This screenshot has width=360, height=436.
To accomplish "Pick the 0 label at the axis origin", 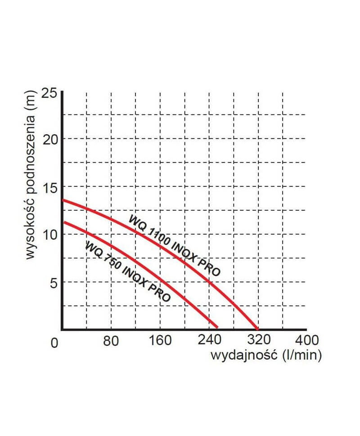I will coord(54,343).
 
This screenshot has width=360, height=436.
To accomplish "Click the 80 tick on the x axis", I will coord(111,341).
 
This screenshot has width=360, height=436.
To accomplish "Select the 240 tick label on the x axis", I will coord(209,341).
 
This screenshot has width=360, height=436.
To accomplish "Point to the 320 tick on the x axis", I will coord(257,341).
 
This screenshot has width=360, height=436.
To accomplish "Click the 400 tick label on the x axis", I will coord(306,341).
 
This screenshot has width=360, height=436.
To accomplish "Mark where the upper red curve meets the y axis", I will coord(63,200).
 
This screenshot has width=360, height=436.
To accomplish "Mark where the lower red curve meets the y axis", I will coord(63,222).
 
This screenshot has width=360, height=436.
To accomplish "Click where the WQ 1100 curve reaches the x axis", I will coord(257,328).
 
